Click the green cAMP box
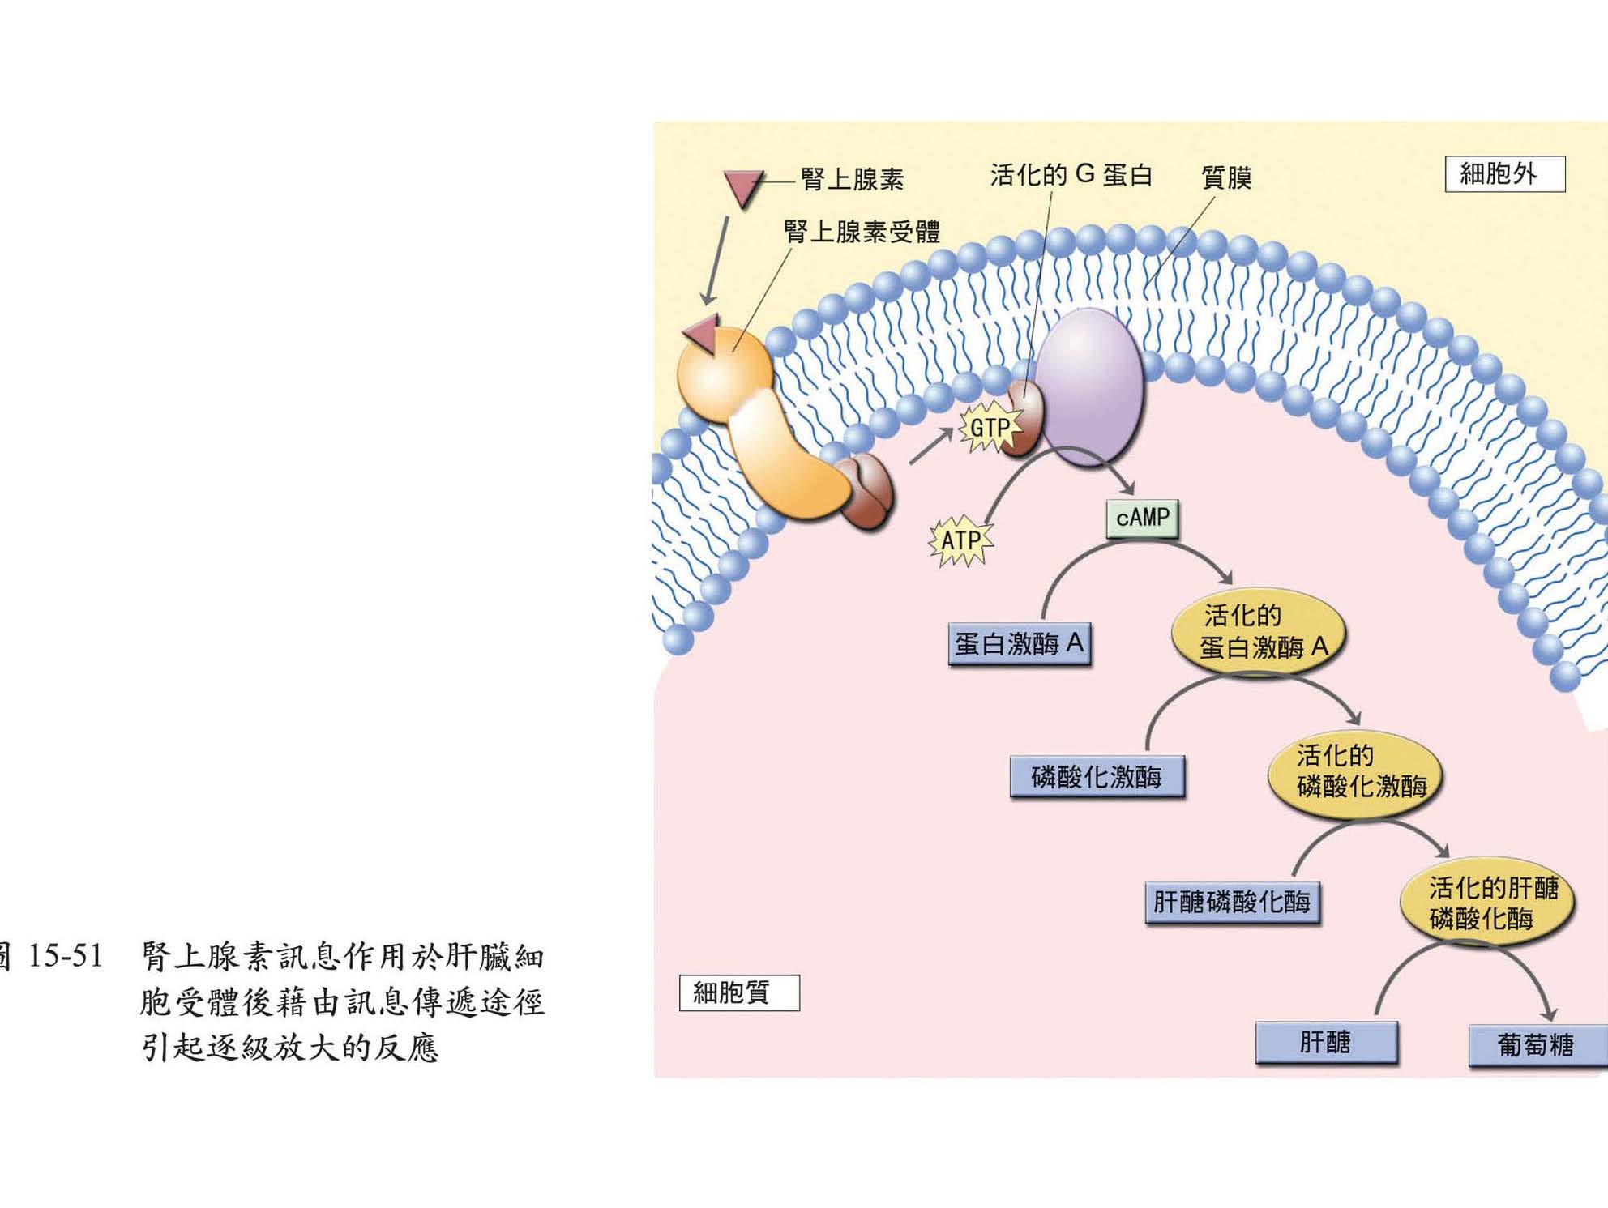click(x=1143, y=519)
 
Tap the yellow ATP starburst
click(x=961, y=540)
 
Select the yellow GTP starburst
click(x=989, y=428)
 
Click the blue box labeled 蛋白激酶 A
click(x=1020, y=645)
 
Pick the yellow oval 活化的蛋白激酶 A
click(x=1259, y=633)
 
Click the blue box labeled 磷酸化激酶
click(x=1097, y=778)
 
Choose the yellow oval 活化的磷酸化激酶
click(x=1354, y=773)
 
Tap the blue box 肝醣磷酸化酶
click(x=1232, y=903)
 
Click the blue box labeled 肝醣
click(x=1326, y=1042)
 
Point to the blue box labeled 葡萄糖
click(x=1536, y=1045)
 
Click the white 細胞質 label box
click(x=739, y=993)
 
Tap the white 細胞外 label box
click(x=1504, y=174)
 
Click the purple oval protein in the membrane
click(x=1090, y=386)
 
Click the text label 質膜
click(x=1226, y=178)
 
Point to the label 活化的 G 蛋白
click(x=1071, y=175)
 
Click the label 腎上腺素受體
click(x=862, y=233)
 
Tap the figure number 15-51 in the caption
click(x=66, y=957)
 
